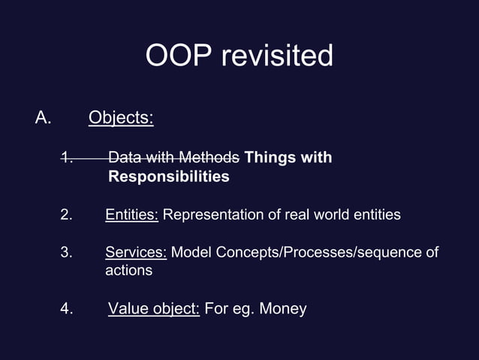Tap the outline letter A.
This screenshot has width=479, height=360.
pyautogui.click(x=42, y=118)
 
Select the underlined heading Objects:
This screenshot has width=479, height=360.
pyautogui.click(x=121, y=118)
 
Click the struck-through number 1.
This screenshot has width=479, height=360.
pyautogui.click(x=66, y=158)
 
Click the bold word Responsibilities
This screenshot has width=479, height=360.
pyautogui.click(x=169, y=177)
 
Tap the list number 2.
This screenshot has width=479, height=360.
pyautogui.click(x=66, y=215)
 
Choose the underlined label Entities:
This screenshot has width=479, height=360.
pyautogui.click(x=131, y=215)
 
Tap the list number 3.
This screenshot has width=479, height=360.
pyautogui.click(x=66, y=253)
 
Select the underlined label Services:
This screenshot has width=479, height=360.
pyautogui.click(x=136, y=253)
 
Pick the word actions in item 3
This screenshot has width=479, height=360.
pyautogui.click(x=128, y=271)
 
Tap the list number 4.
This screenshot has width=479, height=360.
pyautogui.click(x=66, y=309)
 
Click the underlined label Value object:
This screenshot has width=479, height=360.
pyautogui.click(x=154, y=309)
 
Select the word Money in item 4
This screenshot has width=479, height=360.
pyautogui.click(x=283, y=309)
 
